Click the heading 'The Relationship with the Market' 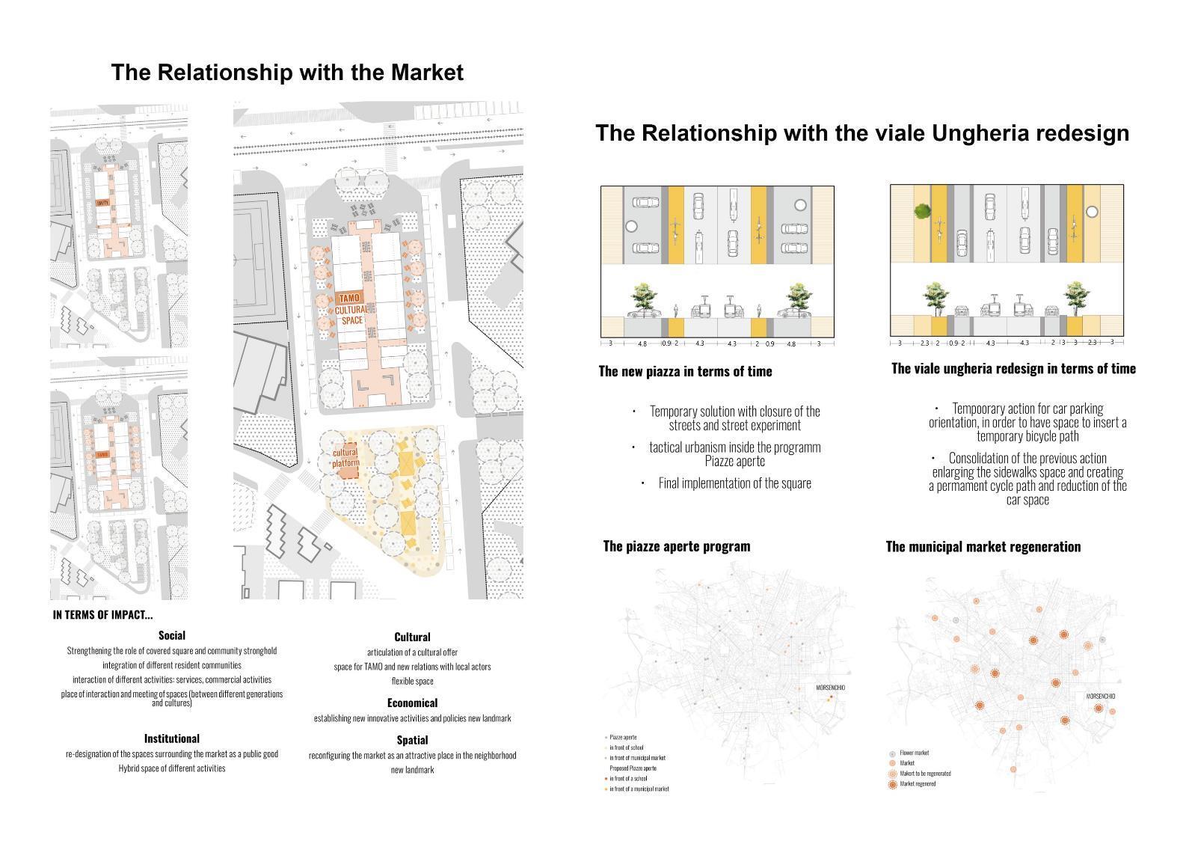coord(287,73)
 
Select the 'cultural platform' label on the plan coord(345,457)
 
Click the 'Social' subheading coord(172,635)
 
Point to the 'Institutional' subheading coord(172,738)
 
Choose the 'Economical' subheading coord(412,703)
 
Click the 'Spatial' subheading coord(412,740)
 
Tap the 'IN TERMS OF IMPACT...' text coord(102,615)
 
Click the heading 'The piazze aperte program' coord(676,545)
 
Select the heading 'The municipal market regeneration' coord(983,546)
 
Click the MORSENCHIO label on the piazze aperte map coord(830,688)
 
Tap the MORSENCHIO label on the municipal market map coord(1100,697)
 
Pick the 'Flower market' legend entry coord(914,753)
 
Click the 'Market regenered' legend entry coord(918,784)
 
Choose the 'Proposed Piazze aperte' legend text coord(633,768)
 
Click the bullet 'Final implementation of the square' coord(734,483)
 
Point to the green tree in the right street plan coord(921,212)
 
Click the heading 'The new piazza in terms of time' coord(685,371)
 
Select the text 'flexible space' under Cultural coord(412,681)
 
